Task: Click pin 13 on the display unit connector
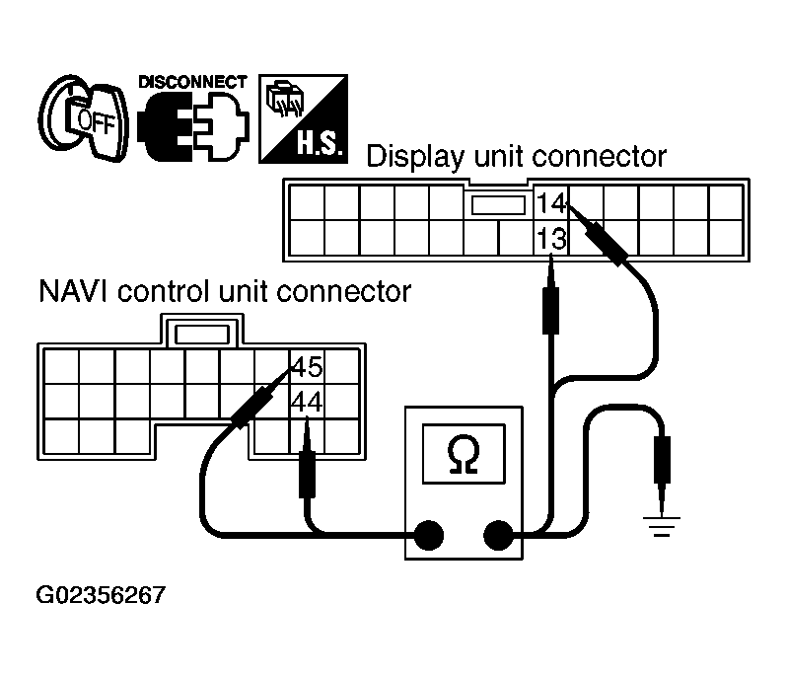coord(550,238)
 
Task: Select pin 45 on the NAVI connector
coord(307,368)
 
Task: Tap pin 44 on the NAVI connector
coord(307,402)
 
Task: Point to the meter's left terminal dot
coord(427,536)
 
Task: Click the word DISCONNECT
coord(192,82)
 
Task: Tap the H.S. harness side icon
coord(301,119)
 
